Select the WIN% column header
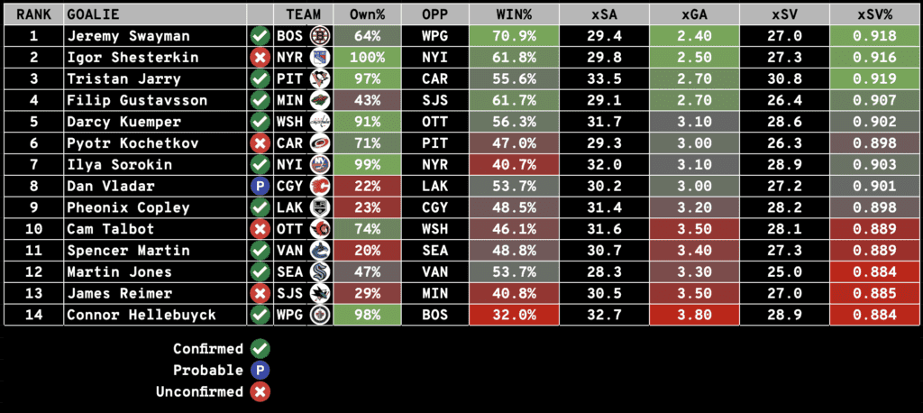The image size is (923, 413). tap(514, 15)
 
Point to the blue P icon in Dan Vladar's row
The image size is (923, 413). tap(260, 187)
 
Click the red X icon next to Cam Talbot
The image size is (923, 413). tap(260, 229)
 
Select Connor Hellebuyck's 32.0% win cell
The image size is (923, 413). tap(514, 316)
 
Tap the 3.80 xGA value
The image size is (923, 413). tap(694, 316)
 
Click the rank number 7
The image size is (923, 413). tap(33, 165)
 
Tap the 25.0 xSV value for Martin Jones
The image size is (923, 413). tap(783, 272)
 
